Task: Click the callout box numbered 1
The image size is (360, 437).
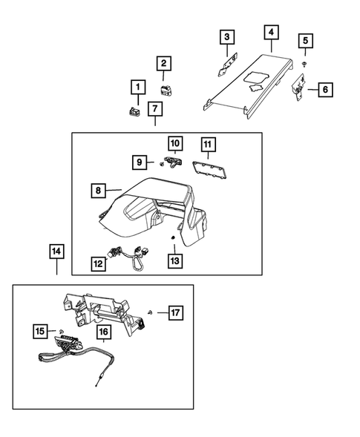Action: click(137, 88)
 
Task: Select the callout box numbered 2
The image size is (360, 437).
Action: click(163, 65)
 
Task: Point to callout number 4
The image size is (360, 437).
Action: click(271, 32)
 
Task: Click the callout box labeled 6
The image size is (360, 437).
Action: click(324, 90)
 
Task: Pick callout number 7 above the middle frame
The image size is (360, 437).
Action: click(154, 110)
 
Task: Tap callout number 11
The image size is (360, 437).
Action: click(207, 143)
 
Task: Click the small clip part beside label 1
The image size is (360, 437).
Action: click(134, 112)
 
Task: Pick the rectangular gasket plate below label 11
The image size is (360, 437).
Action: click(209, 171)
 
